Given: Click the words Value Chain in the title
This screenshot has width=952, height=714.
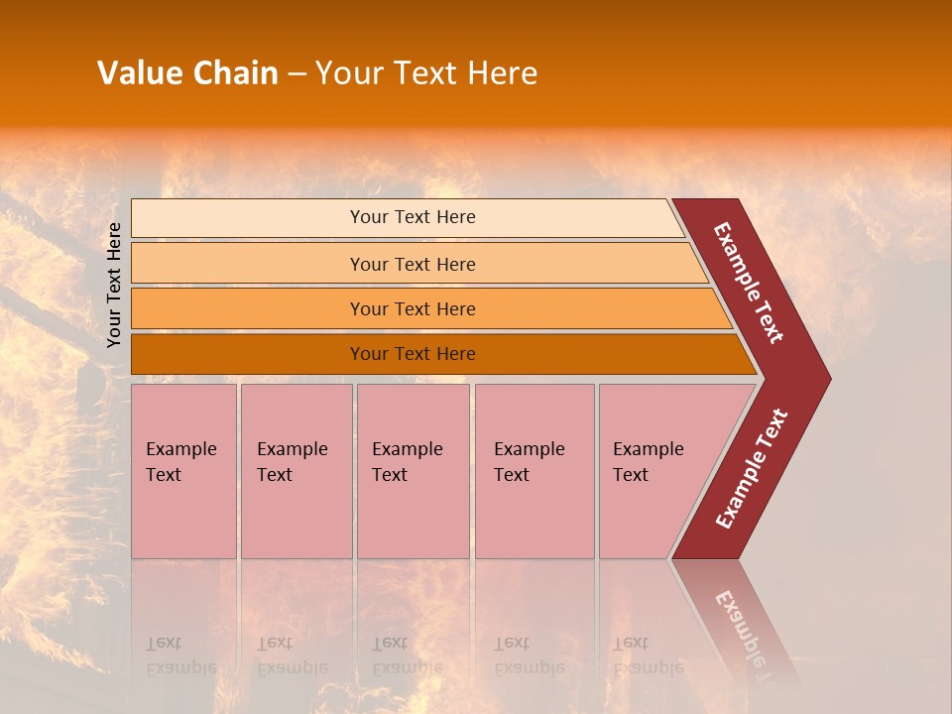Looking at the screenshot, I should [x=187, y=73].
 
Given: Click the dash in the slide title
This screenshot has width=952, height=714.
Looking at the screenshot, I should [x=297, y=74].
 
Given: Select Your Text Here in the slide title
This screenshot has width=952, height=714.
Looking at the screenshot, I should [x=426, y=73].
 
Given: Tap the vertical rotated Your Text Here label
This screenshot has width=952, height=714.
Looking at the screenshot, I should [x=114, y=285].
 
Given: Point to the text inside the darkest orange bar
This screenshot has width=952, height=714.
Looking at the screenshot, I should [x=413, y=354].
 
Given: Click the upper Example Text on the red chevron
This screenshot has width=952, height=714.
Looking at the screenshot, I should [x=749, y=283].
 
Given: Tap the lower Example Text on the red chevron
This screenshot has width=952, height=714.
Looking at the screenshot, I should [x=751, y=469].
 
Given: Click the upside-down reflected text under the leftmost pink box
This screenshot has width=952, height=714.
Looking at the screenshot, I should [x=180, y=655].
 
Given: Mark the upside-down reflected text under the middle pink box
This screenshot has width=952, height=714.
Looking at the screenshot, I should [x=407, y=655].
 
